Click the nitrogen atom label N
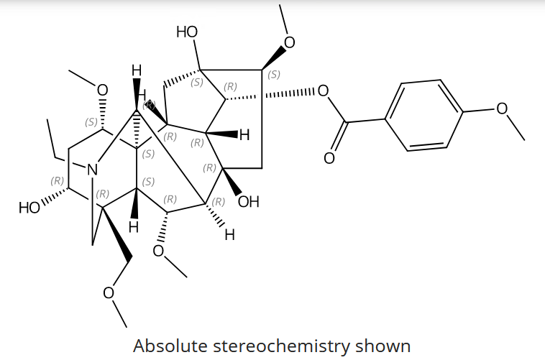(91, 170)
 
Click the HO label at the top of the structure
(187, 32)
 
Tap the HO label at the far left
(29, 208)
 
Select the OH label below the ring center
(248, 202)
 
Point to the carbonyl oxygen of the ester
(330, 157)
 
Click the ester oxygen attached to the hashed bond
(323, 91)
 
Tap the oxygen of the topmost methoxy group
(290, 43)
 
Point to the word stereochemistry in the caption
(290, 345)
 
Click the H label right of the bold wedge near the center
(244, 134)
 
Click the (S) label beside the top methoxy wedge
(273, 74)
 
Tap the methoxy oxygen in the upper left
(102, 90)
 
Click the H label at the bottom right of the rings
(229, 234)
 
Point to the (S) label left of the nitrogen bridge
(91, 122)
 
